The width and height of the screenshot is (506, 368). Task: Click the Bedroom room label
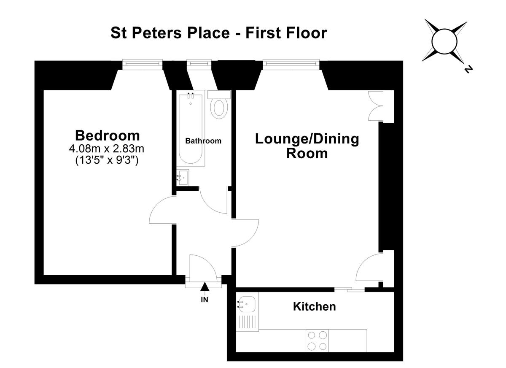pos(107,135)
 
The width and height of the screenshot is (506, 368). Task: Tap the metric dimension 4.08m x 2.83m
pos(107,149)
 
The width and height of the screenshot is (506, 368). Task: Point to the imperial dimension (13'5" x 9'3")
pos(107,160)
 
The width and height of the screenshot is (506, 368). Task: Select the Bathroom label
pos(203,141)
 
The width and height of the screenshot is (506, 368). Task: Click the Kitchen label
pos(314,306)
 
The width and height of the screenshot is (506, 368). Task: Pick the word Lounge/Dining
pos(307,139)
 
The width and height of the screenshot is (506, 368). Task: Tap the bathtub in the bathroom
pos(191,128)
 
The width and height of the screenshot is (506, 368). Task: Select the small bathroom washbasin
pos(183,177)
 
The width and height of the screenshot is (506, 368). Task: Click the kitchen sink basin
pos(247,304)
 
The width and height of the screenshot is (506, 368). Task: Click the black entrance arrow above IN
pos(205,287)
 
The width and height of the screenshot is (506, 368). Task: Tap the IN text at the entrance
pos(205,300)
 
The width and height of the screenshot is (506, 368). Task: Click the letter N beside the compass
pos(468,69)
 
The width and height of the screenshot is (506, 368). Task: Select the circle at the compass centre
pos(444,41)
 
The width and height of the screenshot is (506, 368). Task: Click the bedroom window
pos(143,65)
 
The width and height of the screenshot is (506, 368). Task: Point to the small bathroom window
pos(199,63)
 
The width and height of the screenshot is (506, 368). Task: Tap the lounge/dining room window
pos(291,65)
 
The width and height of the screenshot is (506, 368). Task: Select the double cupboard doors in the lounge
pos(376,106)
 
